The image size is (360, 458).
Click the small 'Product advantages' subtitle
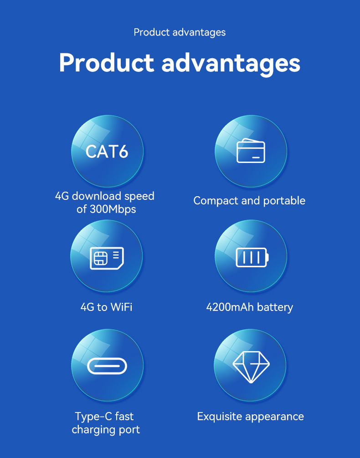point(180,32)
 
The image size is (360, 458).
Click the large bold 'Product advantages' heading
point(180,63)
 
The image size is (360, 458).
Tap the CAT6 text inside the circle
point(107,152)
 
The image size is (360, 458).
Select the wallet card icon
point(251,150)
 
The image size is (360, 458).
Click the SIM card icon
point(107,258)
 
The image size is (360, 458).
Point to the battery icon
point(252,257)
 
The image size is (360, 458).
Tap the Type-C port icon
point(107,366)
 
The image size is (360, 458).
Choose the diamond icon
point(251,366)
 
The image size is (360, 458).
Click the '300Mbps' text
point(113,209)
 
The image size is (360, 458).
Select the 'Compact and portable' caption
point(249,201)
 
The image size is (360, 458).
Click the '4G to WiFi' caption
point(107,307)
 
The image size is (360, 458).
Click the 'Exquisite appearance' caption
point(250,417)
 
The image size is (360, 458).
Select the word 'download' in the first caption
point(97,196)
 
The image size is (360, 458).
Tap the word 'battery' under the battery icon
point(275,307)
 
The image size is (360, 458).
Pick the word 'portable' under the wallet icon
point(284,201)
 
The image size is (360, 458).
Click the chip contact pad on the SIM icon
point(100,258)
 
